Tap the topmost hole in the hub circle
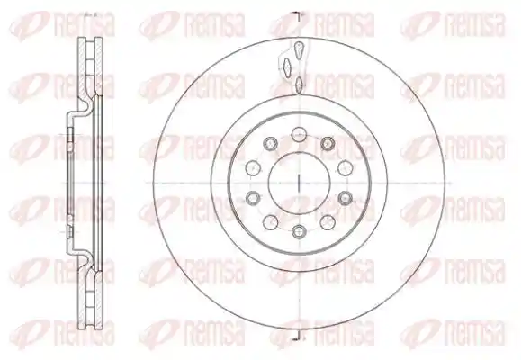click(298, 134)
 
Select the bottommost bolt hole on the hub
click(299, 231)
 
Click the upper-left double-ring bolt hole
click(270, 144)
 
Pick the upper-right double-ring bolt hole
click(328, 144)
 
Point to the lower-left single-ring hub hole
click(270, 222)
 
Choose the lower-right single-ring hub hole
click(328, 222)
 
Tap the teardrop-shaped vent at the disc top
click(299, 49)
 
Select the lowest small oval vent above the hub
click(299, 83)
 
